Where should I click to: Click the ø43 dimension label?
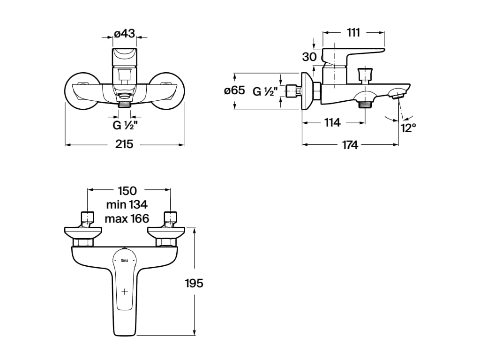click(x=125, y=34)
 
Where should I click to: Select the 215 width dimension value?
click(x=124, y=144)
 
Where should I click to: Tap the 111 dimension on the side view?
click(x=353, y=33)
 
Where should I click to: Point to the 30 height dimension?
click(x=309, y=57)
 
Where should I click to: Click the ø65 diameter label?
click(x=234, y=91)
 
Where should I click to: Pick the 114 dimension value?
click(x=332, y=123)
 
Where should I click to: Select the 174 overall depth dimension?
click(x=350, y=145)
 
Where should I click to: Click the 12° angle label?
click(x=408, y=127)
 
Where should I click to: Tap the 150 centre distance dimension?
click(x=127, y=191)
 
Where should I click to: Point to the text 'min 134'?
click(x=127, y=204)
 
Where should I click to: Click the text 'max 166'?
click(x=127, y=218)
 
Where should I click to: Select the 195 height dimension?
click(x=194, y=283)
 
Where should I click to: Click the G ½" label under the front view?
click(x=124, y=126)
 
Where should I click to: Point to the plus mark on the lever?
click(x=125, y=292)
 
